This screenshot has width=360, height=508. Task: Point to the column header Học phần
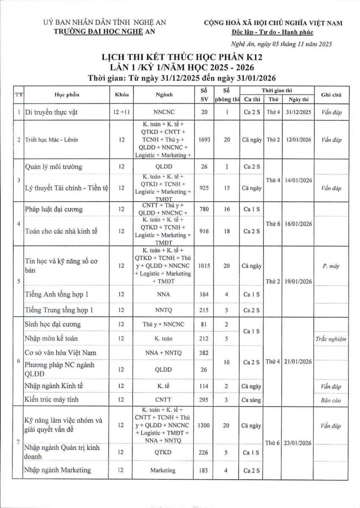(66, 94)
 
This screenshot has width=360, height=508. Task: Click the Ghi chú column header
(331, 94)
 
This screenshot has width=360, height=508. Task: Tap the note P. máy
(331, 266)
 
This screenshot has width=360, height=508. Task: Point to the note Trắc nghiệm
(331, 339)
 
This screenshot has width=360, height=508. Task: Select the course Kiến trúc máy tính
(52, 399)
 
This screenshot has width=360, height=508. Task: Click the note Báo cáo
(331, 400)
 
